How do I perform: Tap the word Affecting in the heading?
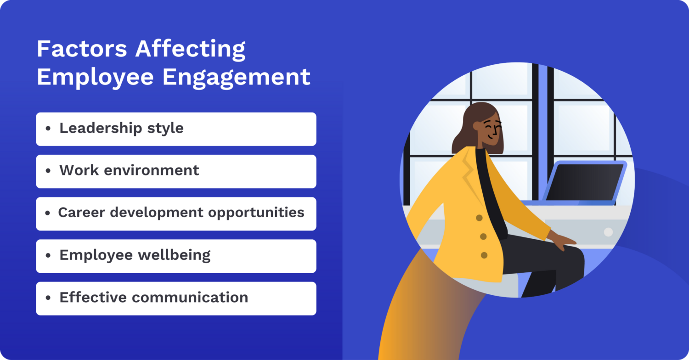tap(191, 50)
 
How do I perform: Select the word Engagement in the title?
tap(237, 77)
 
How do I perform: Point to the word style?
tap(166, 128)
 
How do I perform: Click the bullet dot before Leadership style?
tap(48, 129)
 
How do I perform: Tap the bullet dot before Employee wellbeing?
tap(48, 256)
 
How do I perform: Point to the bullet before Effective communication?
tap(48, 298)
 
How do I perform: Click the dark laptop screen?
tap(584, 182)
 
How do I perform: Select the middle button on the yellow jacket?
tap(483, 236)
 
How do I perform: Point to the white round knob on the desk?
tap(608, 232)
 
